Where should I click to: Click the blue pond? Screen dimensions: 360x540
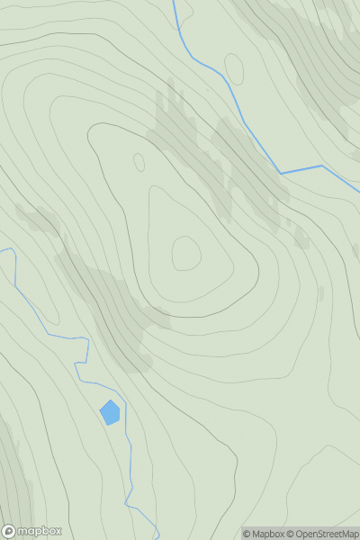click(x=110, y=413)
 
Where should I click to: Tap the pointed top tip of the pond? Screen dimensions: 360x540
click(x=110, y=400)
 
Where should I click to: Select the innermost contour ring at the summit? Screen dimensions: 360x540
click(x=186, y=253)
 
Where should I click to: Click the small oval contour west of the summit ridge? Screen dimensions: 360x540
click(x=139, y=162)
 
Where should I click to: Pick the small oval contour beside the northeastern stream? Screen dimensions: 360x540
click(x=234, y=68)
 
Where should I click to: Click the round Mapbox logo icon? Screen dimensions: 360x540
click(x=10, y=531)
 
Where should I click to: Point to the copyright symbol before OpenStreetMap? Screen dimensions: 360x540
click(x=292, y=534)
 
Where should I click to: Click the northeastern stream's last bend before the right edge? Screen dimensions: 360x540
click(x=321, y=166)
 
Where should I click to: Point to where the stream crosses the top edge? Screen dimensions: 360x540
click(x=174, y=2)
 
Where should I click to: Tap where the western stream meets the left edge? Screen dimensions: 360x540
click(x=2, y=249)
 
